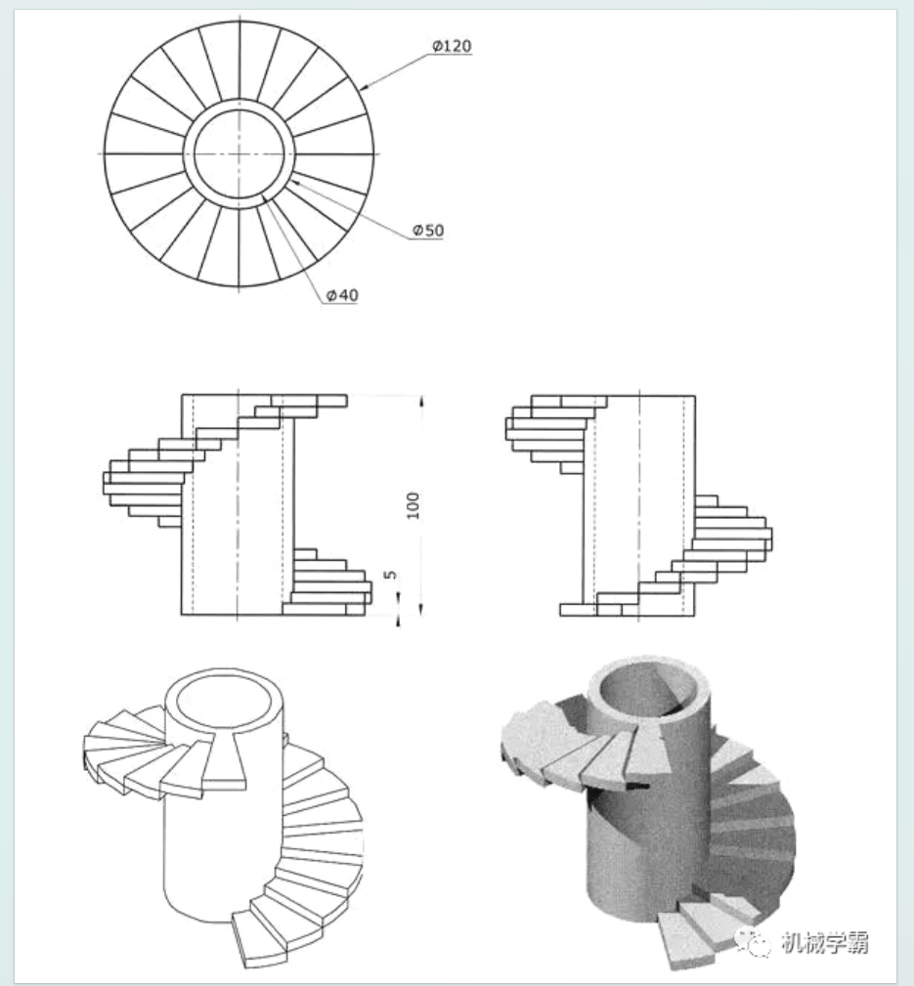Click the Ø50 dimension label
[x=428, y=230]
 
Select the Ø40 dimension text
[x=342, y=295]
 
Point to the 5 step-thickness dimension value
[x=390, y=577]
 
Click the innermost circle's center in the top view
[x=240, y=153]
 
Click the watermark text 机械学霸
[x=826, y=943]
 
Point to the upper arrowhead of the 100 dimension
[x=420, y=401]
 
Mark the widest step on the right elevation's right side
[x=732, y=533]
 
